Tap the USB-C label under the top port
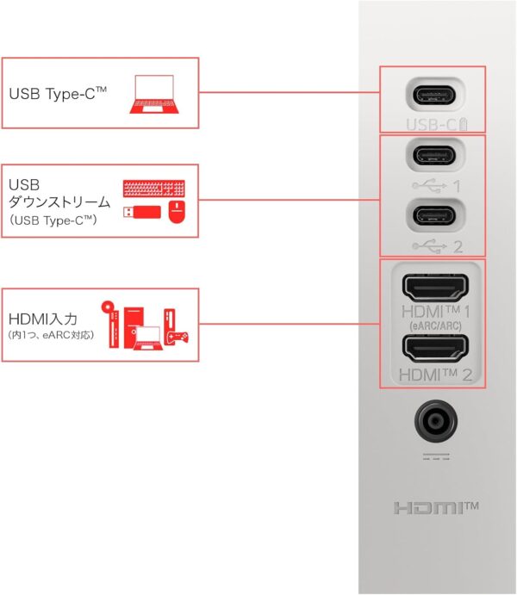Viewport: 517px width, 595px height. (x=437, y=124)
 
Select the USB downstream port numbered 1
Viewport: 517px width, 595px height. (x=434, y=155)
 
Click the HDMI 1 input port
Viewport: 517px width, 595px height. (x=435, y=288)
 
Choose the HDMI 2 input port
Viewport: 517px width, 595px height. (x=435, y=349)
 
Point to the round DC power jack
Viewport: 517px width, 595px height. (x=435, y=421)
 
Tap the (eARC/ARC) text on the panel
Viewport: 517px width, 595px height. (x=435, y=325)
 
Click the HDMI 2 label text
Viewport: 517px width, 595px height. (x=435, y=375)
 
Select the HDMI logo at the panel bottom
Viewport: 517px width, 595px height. (x=436, y=508)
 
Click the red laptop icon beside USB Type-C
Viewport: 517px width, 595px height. (x=154, y=94)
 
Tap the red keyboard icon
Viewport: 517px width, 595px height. (x=153, y=189)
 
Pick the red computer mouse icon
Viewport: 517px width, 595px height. (x=177, y=212)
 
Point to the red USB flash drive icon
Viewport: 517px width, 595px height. (x=142, y=212)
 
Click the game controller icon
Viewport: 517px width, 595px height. (x=178, y=338)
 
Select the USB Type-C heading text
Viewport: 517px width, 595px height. (x=58, y=93)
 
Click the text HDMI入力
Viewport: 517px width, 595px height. (x=43, y=319)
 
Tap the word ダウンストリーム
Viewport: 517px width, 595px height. (x=59, y=201)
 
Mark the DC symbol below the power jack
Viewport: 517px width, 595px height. (x=436, y=456)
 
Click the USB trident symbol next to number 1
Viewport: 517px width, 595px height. (x=429, y=185)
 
